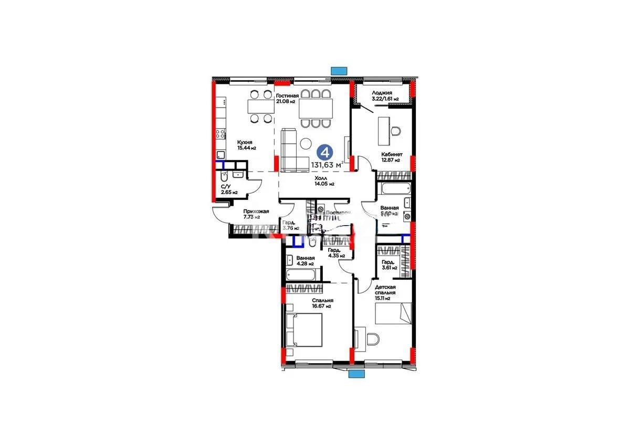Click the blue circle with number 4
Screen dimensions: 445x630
coord(325,153)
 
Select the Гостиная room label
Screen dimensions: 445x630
coord(288,98)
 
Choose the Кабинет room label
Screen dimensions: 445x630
coord(392,157)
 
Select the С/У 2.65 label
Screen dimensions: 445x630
coord(226,189)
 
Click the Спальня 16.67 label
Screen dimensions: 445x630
coord(320,303)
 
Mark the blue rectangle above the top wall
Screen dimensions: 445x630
coord(339,70)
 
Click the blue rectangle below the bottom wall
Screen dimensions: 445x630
coord(356,374)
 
